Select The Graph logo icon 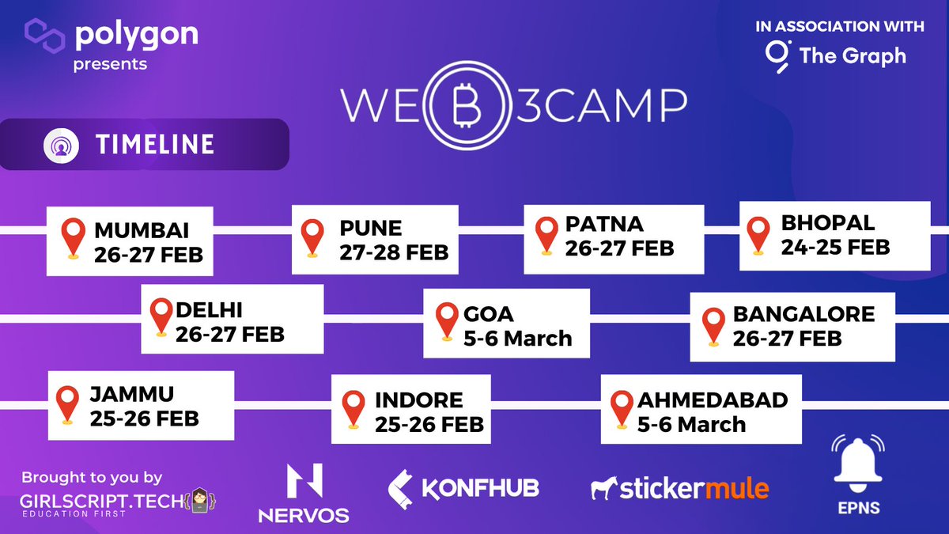point(777,55)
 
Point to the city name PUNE point(371,229)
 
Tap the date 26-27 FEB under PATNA point(619,248)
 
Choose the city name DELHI point(210,309)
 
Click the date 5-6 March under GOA point(517,338)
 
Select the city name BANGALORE point(803,314)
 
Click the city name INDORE point(418,400)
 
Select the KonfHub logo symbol point(402,488)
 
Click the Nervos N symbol point(304,482)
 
